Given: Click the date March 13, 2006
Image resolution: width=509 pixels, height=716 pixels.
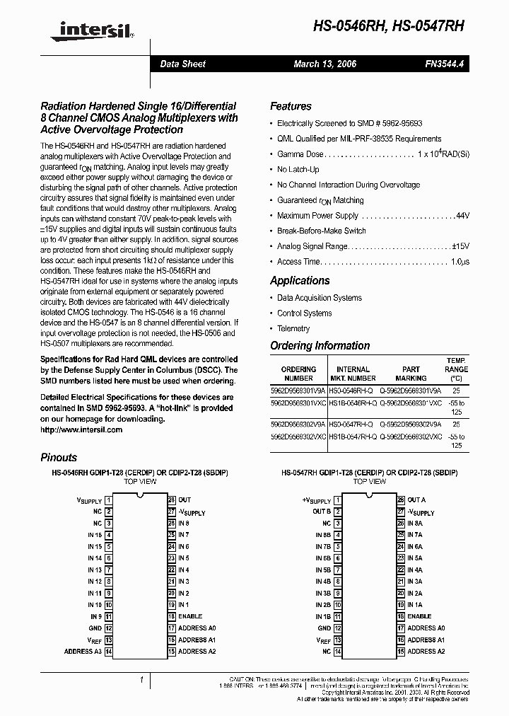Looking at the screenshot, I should pos(324,64).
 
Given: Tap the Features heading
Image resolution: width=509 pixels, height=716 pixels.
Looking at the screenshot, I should pos(291,106).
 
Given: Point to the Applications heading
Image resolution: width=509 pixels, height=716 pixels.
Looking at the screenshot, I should pos(300,280).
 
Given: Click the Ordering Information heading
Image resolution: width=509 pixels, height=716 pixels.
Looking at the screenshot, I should pos(320,346).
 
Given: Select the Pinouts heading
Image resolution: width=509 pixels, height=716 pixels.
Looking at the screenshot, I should pos(59,458).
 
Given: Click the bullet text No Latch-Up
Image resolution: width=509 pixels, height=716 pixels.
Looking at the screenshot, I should pos(298,170).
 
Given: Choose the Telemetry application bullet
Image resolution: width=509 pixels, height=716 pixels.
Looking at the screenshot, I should pos(293,328).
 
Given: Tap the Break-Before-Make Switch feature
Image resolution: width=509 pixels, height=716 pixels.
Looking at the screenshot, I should pos(321,231).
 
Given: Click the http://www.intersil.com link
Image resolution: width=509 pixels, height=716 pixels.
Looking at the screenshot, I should pos(81,429).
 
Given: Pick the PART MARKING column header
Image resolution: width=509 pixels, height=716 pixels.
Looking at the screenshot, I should pos(411,374).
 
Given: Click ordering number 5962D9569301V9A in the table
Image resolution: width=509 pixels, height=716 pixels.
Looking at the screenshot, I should pos(298,390).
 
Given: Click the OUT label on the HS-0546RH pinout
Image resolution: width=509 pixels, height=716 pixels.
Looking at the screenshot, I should pos(185,500).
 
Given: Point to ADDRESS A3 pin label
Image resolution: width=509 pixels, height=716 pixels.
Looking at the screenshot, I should pos(83,651).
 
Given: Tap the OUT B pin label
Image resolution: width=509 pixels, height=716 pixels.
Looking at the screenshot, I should pos(322,512).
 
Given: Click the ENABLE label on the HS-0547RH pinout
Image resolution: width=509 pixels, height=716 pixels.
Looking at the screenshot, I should pos(419,616).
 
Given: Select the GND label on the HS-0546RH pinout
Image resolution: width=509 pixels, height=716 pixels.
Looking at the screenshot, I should pos(95,628).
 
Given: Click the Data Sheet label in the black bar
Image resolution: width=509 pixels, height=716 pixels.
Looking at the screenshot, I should pos(182,64).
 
